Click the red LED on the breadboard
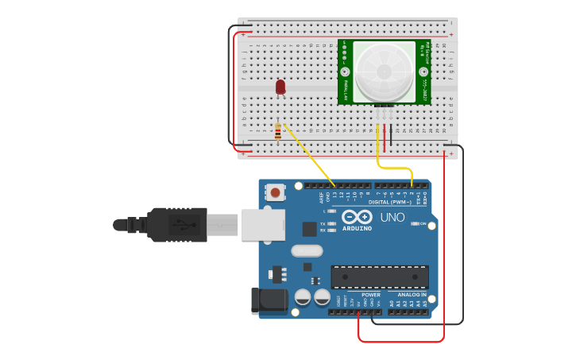click(280, 87)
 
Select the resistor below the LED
click(277, 131)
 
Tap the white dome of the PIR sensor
click(385, 72)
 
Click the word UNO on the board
click(392, 217)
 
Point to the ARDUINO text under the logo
click(358, 228)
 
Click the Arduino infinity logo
click(357, 217)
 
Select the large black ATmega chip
click(380, 277)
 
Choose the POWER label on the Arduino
click(370, 294)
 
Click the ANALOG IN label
click(412, 294)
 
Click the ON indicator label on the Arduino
click(423, 224)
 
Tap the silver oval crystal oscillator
click(307, 250)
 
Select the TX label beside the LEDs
click(323, 224)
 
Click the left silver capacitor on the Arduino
click(303, 297)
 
